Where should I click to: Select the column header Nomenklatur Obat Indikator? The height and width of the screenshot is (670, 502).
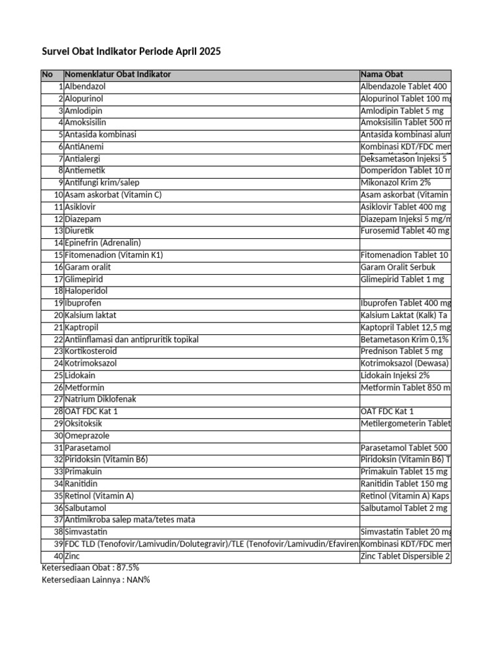click(x=118, y=75)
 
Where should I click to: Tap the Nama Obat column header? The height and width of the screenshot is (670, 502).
click(x=382, y=75)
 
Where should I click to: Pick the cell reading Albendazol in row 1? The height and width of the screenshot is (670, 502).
click(x=86, y=86)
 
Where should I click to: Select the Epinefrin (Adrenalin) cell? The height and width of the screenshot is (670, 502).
click(x=103, y=243)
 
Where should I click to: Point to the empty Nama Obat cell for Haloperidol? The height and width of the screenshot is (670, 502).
click(x=405, y=291)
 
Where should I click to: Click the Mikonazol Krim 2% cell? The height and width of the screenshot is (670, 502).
click(x=395, y=183)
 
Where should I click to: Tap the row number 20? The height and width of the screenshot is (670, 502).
click(x=58, y=315)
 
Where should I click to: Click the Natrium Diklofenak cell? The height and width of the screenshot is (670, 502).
click(x=101, y=399)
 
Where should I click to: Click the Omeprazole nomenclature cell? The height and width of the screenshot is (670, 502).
click(x=88, y=435)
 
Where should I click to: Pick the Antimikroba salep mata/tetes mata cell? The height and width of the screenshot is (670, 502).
click(x=130, y=520)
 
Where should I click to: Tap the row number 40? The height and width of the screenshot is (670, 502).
click(x=58, y=555)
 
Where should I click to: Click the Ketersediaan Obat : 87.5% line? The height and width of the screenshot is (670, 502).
click(x=90, y=567)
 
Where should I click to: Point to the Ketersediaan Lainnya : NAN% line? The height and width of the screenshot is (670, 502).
click(x=95, y=580)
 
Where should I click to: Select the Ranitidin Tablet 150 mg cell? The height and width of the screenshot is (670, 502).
click(x=404, y=484)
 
